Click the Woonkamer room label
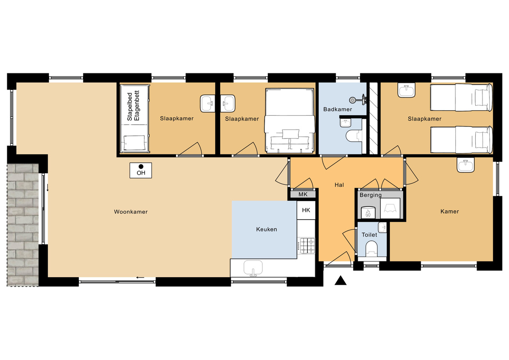click(x=131, y=211)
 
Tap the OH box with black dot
click(x=141, y=170)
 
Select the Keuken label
click(x=266, y=229)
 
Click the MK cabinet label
click(x=303, y=195)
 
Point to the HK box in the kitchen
click(x=306, y=210)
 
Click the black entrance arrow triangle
click(x=341, y=281)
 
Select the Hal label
click(x=339, y=184)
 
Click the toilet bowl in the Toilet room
click(x=371, y=248)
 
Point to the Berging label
click(x=370, y=195)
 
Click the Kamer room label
click(x=450, y=211)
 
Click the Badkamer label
click(x=338, y=109)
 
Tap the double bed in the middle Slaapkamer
click(x=289, y=120)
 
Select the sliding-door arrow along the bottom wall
click(x=141, y=277)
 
